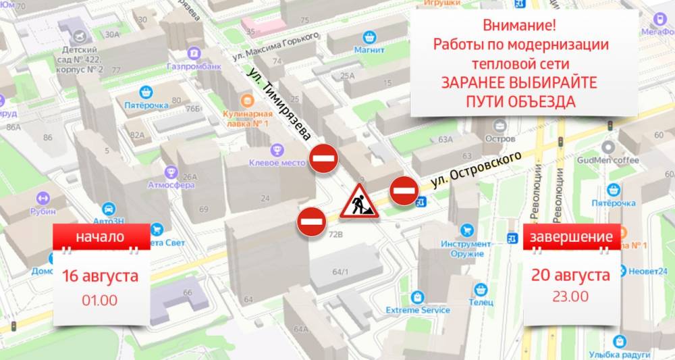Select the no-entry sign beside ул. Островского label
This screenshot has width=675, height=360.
(x=404, y=191)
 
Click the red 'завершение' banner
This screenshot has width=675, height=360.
(x=571, y=237)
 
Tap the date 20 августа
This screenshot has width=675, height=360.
(x=570, y=275)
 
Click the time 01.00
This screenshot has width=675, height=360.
(x=100, y=299)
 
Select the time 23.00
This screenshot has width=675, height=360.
(x=570, y=296)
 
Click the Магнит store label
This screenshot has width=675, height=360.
(x=369, y=49)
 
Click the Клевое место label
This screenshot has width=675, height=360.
(x=276, y=162)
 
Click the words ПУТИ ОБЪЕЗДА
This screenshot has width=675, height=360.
(x=520, y=101)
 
